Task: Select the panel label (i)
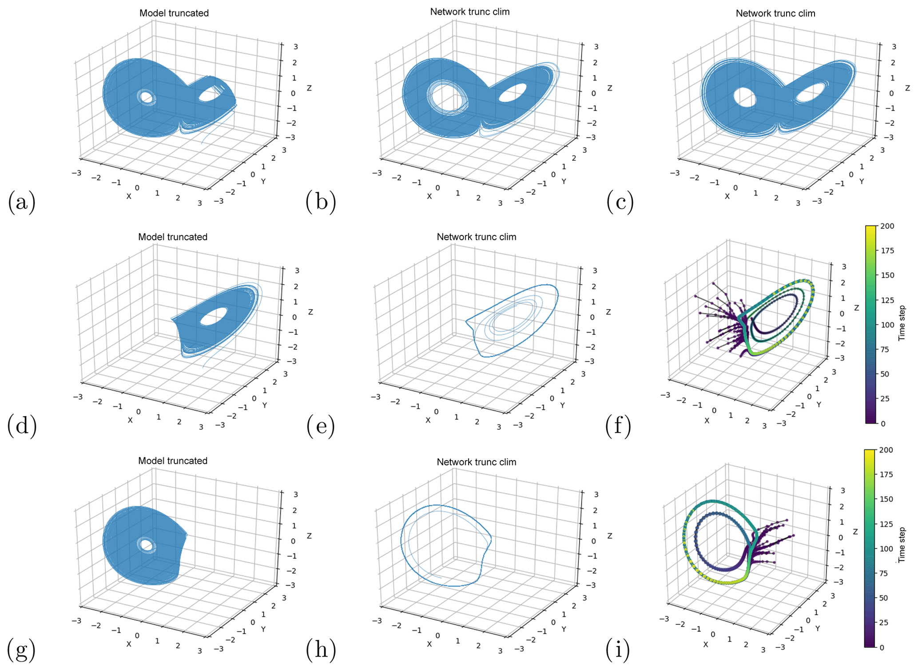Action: [x=617, y=650]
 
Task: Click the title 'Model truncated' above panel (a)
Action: [x=174, y=13]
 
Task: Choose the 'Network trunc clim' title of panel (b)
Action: [x=470, y=12]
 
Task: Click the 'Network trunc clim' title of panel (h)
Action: [x=477, y=462]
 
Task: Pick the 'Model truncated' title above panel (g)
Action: [x=173, y=461]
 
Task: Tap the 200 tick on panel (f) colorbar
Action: [x=887, y=226]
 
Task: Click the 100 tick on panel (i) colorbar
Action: [x=886, y=548]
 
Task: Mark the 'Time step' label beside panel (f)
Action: [x=902, y=323]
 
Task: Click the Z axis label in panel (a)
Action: [x=309, y=88]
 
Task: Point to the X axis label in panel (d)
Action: [x=130, y=420]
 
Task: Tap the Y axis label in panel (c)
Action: [x=862, y=182]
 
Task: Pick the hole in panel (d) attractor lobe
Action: [x=214, y=317]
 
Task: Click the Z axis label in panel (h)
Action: [x=610, y=536]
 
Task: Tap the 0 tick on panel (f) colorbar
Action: [x=883, y=424]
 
